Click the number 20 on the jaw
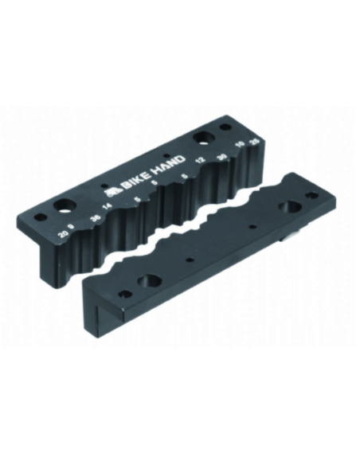(63, 233)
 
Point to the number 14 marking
(109, 213)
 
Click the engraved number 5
(138, 200)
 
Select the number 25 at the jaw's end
(253, 141)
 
